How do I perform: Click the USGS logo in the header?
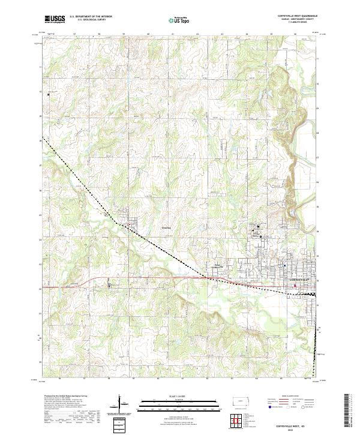[55, 19]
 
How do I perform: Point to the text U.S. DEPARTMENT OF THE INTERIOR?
[91, 17]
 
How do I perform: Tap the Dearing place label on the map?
[167, 227]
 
